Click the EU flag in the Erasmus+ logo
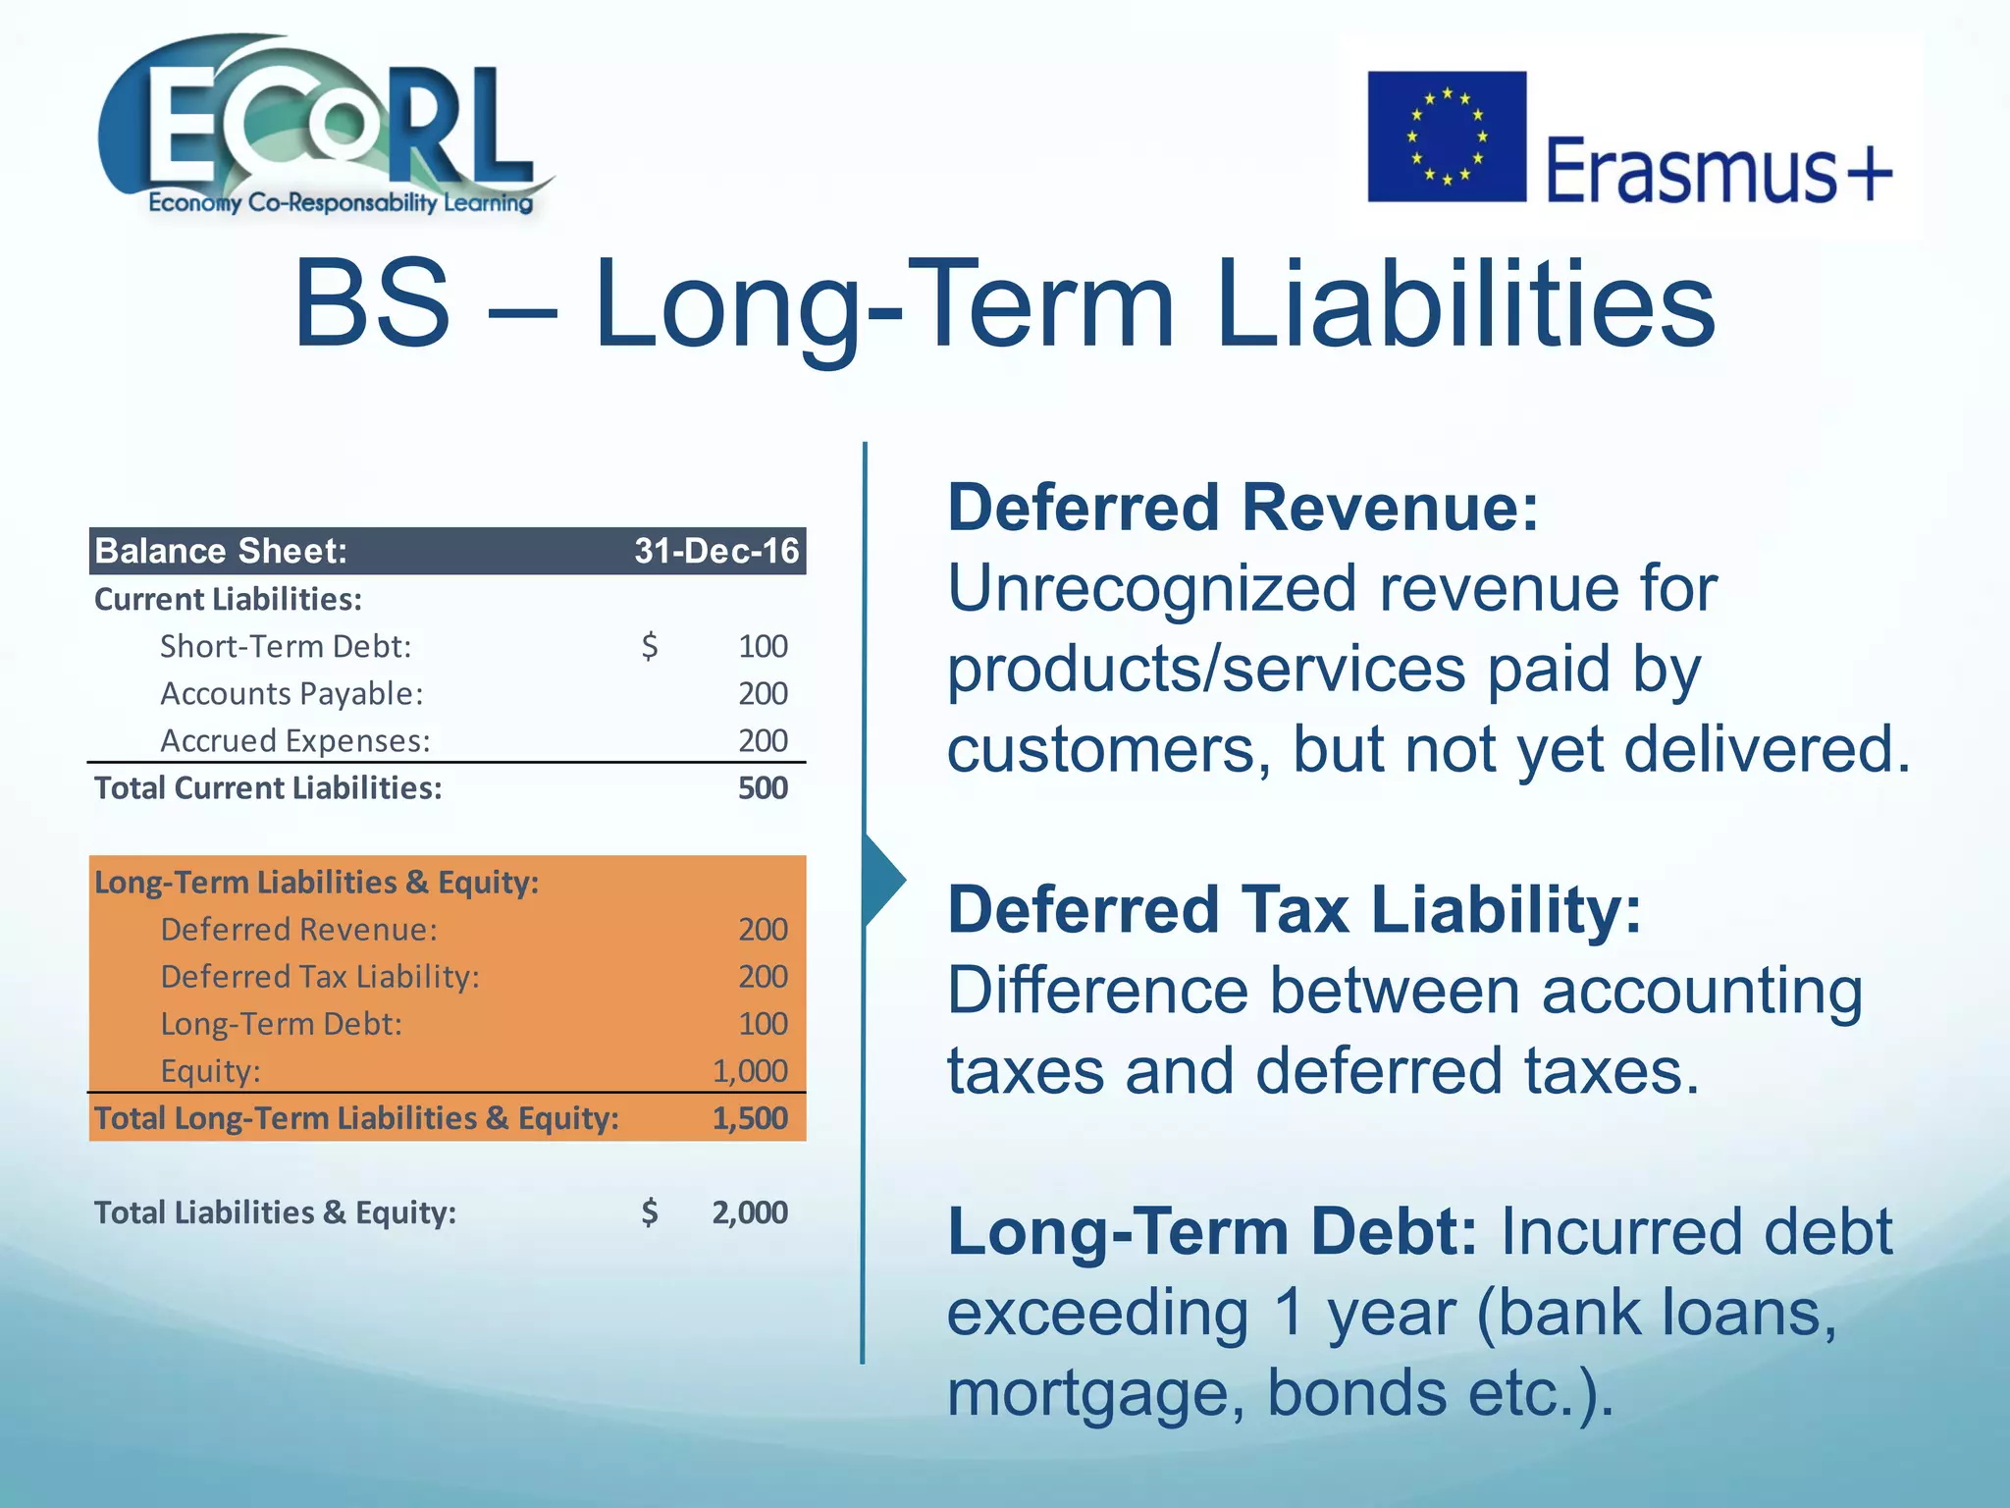[1446, 136]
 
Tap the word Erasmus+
[1719, 171]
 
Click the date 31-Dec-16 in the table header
[715, 551]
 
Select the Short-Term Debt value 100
[763, 646]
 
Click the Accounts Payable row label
[291, 693]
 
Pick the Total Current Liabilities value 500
[763, 787]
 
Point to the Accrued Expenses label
[294, 740]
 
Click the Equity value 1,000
[750, 1070]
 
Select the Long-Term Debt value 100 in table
[763, 1023]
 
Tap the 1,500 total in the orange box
[750, 1117]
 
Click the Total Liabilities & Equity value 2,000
[750, 1212]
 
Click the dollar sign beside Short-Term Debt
[649, 646]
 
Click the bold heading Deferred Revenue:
[1243, 508]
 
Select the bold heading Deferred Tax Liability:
[1294, 909]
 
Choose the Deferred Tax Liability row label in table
[320, 976]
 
